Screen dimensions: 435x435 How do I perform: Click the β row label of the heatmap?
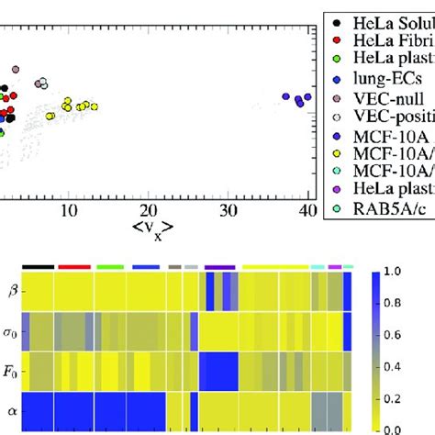pos(12,291)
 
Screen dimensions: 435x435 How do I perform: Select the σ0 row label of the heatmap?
pos(11,331)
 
